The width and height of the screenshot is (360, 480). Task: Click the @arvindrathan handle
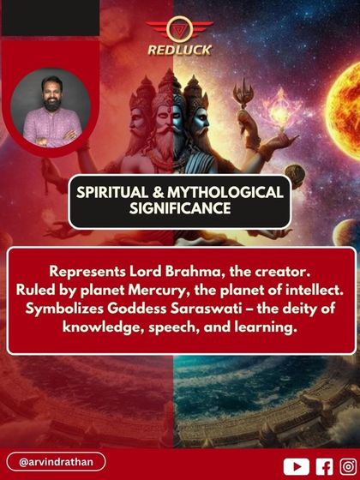[x=57, y=462]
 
